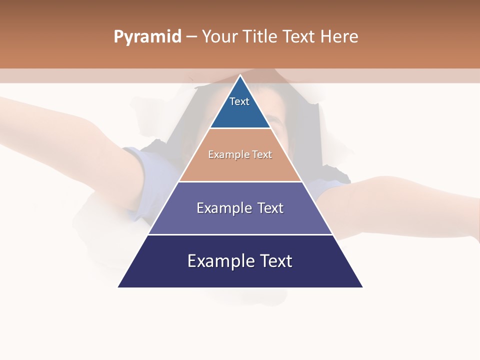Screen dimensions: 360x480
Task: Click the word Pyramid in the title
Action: [x=147, y=37]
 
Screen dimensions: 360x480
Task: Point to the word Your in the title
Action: [x=220, y=37]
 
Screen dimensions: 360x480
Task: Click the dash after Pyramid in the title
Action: [x=191, y=37]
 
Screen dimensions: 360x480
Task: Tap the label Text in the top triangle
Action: [x=239, y=101]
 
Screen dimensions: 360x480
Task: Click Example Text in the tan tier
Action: [x=240, y=154]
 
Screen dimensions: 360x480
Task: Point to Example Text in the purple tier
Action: [x=240, y=208]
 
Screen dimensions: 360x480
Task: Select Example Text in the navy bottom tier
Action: [x=240, y=261]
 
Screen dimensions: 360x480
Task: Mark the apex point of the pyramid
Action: [x=240, y=76]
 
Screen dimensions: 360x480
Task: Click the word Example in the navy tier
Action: [x=216, y=261]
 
